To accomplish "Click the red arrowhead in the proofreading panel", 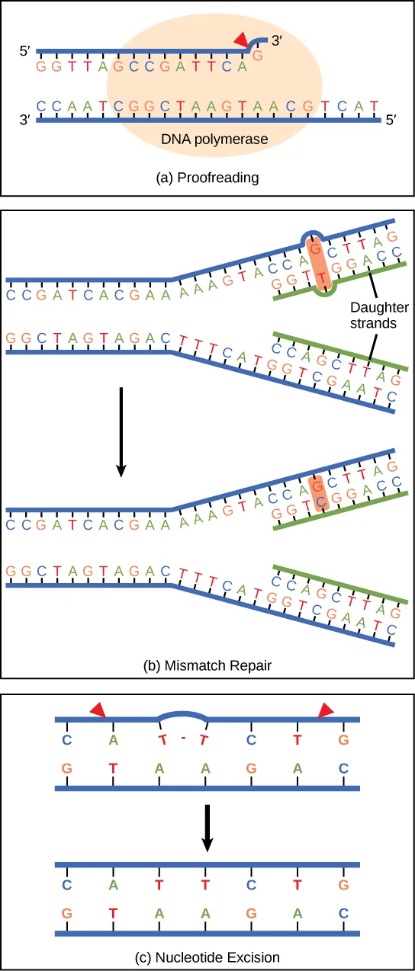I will [x=242, y=40].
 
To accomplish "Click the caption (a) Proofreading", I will [x=207, y=178].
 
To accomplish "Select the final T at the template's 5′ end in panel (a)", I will [x=374, y=104].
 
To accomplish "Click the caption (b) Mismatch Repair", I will [x=207, y=665].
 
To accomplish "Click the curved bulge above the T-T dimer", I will [x=182, y=715].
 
